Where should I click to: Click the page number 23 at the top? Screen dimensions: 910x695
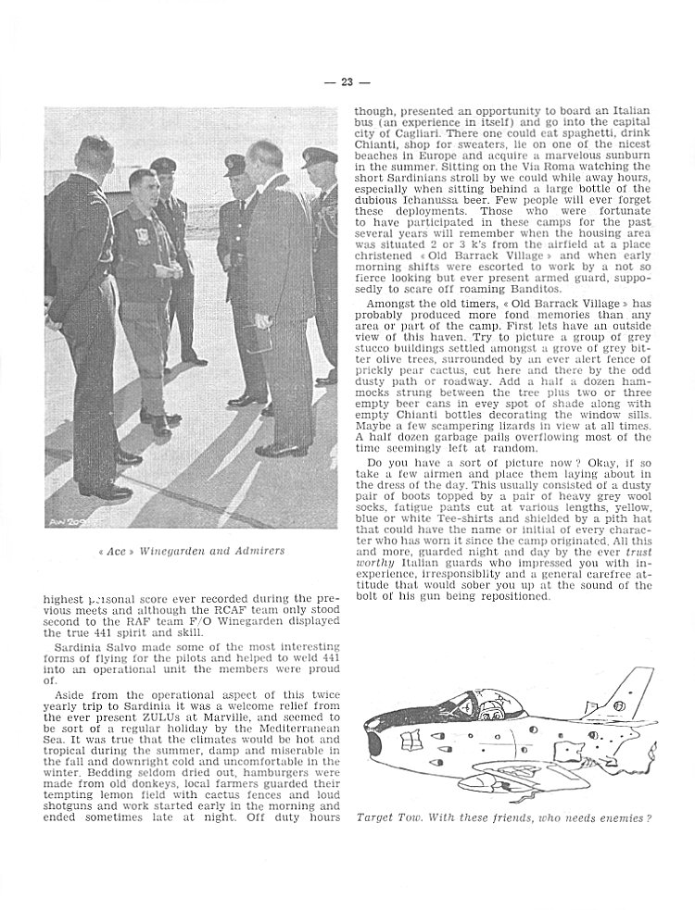pos(347,81)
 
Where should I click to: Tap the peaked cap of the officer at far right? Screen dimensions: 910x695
pos(318,157)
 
